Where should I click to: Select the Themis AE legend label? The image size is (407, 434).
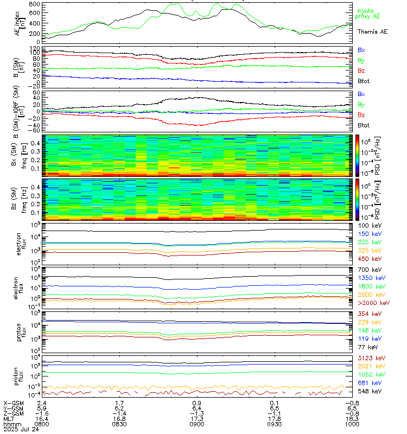[x=372, y=32]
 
